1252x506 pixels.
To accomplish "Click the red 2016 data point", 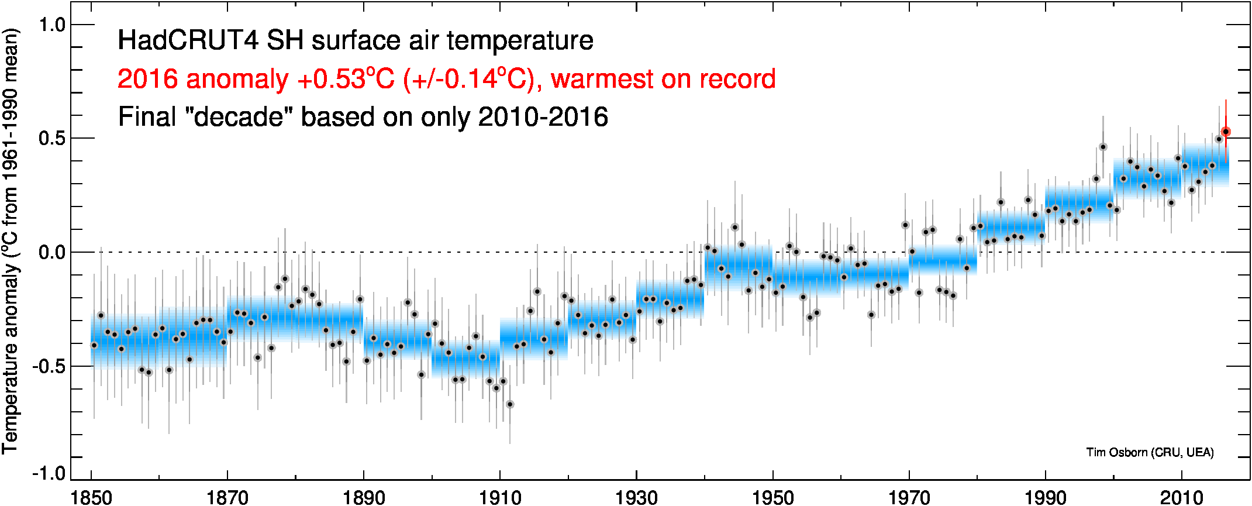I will point(1226,132).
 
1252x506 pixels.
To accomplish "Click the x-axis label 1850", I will point(91,497).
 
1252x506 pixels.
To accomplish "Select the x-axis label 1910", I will point(500,497).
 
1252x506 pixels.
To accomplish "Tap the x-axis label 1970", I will point(909,497).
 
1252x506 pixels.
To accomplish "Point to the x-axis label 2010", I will point(1181,497).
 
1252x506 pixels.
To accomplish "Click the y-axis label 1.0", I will point(51,25).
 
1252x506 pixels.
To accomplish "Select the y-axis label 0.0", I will point(51,253).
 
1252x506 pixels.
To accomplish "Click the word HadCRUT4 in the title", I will point(188,41).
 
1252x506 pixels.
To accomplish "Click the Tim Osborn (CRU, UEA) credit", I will point(1150,452).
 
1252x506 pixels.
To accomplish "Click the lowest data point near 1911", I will point(510,404).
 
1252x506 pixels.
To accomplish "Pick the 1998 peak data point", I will point(1103,147).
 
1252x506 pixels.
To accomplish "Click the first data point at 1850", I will point(94,345).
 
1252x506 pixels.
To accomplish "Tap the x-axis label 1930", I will point(636,497).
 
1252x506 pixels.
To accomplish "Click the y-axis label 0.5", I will point(51,139).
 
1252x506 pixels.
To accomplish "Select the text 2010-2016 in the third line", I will point(543,117).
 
